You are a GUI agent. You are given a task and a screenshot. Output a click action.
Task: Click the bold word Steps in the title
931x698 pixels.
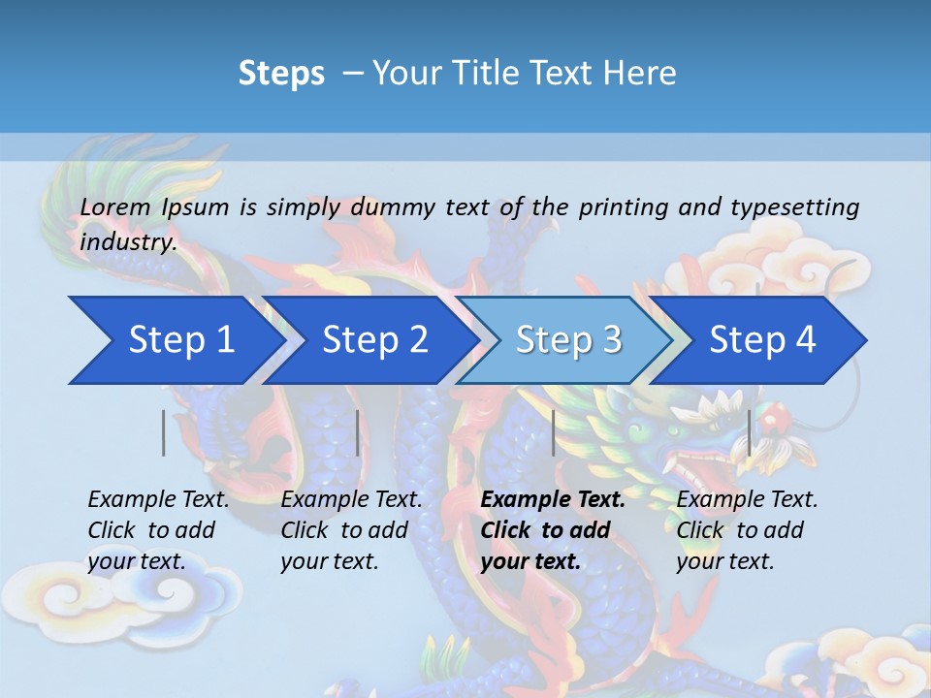point(281,74)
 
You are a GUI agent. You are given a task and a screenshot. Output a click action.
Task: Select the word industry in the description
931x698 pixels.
point(128,241)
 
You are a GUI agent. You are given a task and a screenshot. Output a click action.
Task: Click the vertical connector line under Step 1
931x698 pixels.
point(164,433)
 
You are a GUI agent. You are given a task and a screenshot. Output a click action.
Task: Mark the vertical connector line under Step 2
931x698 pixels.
point(358,433)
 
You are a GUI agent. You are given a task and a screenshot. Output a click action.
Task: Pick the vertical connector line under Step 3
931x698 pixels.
point(553,433)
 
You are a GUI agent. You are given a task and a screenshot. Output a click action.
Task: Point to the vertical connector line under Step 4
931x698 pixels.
point(749,433)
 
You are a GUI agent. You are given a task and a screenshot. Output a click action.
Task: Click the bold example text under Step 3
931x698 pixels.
point(553,530)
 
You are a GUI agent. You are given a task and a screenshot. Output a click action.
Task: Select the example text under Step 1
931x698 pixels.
point(158,530)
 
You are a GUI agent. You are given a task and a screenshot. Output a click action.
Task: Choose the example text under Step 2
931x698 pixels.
point(351,530)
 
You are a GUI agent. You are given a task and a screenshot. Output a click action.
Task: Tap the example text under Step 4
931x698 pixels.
point(747,530)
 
